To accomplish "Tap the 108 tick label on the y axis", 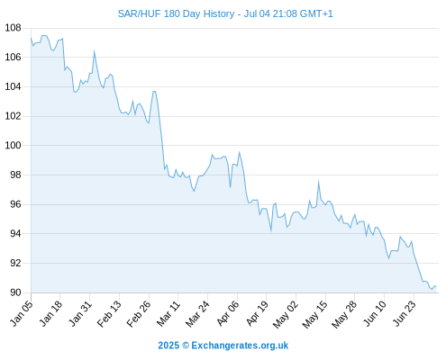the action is tap(14, 28).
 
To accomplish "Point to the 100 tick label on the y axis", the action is tap(14, 146).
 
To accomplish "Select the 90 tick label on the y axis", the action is tap(15, 292).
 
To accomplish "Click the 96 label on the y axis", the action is tap(15, 204).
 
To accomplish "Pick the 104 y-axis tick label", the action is tap(14, 86).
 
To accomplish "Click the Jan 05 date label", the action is tap(22, 313).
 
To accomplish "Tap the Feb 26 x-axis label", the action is tap(139, 314).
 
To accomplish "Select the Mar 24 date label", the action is tap(197, 314).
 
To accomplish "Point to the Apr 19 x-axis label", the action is tap(257, 313).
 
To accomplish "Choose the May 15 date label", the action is tap(315, 314).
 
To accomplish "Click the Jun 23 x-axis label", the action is tap(405, 313).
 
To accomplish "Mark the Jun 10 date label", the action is tap(375, 313).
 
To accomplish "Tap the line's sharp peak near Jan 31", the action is tap(94, 51).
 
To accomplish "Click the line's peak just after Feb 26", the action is tap(154, 91).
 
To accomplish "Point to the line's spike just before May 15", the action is tap(318, 181).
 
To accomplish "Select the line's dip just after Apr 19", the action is tap(271, 231).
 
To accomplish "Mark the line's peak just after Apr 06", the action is tap(239, 152).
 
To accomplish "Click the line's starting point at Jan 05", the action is tap(31, 38).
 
